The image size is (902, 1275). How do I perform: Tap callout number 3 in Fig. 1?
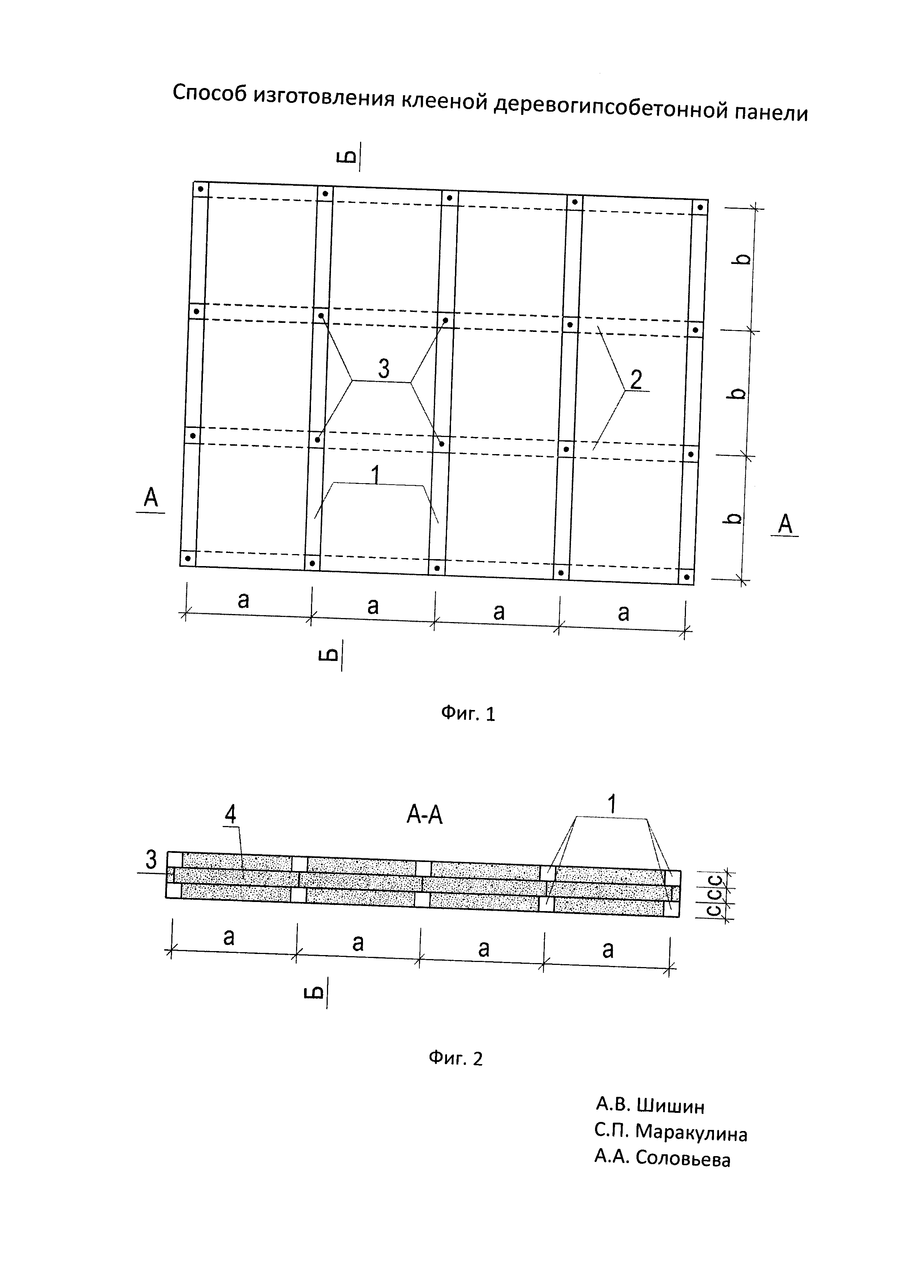383,369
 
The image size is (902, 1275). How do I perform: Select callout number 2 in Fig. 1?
636,380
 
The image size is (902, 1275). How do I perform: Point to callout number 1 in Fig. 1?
376,475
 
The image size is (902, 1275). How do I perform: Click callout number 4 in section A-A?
230,815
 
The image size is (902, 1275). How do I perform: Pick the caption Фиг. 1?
468,714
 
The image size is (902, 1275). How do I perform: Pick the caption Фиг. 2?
455,1058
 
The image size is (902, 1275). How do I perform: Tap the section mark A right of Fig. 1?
785,524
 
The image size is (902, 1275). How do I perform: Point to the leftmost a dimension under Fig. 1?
243,600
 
